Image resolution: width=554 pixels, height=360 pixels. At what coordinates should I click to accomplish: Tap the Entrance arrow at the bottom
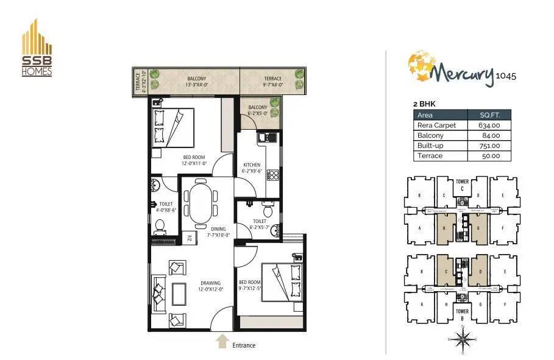click(x=223, y=341)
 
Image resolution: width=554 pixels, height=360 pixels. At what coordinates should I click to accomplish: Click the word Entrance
click(x=244, y=345)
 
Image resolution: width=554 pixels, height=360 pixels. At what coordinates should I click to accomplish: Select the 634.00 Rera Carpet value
click(x=488, y=125)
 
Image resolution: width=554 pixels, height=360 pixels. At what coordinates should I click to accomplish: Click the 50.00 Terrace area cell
click(x=488, y=156)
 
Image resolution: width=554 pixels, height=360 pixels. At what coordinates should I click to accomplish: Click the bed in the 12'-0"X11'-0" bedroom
click(x=173, y=127)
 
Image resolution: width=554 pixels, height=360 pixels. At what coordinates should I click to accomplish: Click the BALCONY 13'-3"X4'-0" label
click(x=196, y=82)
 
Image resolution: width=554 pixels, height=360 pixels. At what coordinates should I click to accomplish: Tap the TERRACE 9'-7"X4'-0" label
click(x=272, y=82)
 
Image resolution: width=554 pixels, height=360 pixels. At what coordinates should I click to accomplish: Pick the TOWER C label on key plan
click(x=463, y=185)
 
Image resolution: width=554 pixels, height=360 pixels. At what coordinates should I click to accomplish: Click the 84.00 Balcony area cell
click(x=488, y=135)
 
